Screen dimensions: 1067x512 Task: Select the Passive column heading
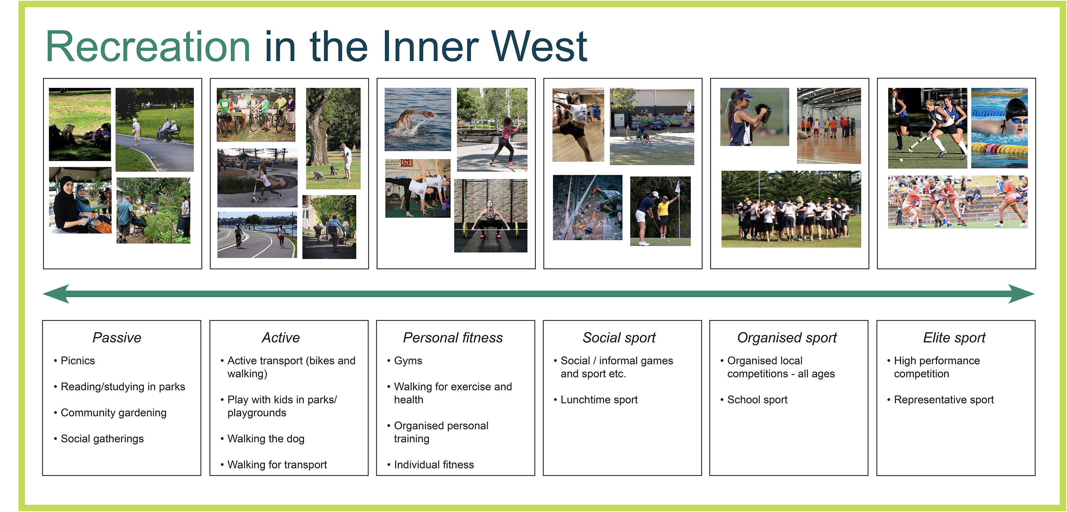coord(117,338)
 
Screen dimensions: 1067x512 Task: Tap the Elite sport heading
coord(954,338)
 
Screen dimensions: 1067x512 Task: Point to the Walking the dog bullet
coord(266,439)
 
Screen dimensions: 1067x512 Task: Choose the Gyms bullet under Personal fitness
coord(408,361)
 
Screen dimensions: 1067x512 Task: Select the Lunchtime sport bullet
coord(599,400)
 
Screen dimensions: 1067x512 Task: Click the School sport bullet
coord(757,400)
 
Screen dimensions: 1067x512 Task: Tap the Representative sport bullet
coord(944,400)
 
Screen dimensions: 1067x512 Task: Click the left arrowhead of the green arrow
coord(56,294)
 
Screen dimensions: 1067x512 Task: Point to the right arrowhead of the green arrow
coord(1021,294)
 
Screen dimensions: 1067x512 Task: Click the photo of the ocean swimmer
coord(418,119)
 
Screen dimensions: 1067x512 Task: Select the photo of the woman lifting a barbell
coord(491,215)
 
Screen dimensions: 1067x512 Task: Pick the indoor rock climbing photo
coord(587,208)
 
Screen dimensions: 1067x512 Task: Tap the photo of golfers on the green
coord(660,211)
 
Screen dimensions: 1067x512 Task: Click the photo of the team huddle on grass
coord(791,209)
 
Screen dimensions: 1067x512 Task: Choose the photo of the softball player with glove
coord(755,117)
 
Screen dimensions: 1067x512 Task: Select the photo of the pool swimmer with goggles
coord(999,128)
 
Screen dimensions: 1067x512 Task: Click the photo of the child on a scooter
coord(257,178)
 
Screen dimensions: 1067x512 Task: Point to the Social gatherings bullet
coord(102,439)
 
